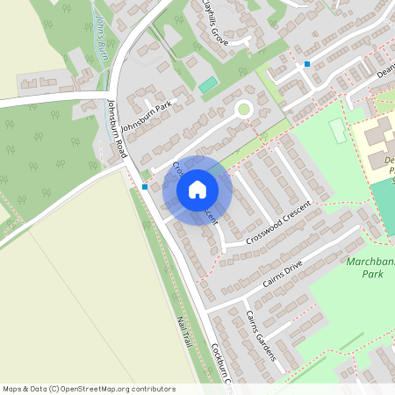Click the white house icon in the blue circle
pyautogui.click(x=197, y=190)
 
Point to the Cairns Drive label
pyautogui.click(x=282, y=274)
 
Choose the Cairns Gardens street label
pyautogui.click(x=261, y=336)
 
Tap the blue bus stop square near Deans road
pyautogui.click(x=307, y=64)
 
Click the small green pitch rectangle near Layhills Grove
pyautogui.click(x=207, y=85)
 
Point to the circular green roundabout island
pyautogui.click(x=243, y=110)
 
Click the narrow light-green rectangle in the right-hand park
pyautogui.click(x=338, y=131)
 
